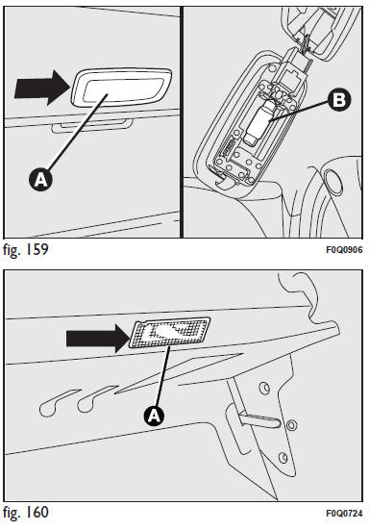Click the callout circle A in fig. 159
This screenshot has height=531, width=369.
[x=41, y=180]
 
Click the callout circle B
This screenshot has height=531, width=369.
[x=339, y=100]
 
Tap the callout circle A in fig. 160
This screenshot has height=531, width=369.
[x=154, y=416]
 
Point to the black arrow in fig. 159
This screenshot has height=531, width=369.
[x=42, y=88]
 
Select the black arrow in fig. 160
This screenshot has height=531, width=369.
[x=98, y=339]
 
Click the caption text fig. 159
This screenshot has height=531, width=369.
[x=26, y=249]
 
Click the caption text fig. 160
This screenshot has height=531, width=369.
[x=26, y=512]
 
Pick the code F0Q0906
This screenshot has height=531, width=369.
[x=344, y=250]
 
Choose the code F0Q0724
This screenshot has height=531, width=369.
[x=344, y=513]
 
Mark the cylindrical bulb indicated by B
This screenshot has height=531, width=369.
[x=259, y=122]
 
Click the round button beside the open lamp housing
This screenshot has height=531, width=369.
[x=333, y=181]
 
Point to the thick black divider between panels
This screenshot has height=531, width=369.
[x=182, y=122]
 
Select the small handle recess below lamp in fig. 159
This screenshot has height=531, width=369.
[x=92, y=126]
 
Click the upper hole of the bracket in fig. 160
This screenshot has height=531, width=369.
[x=264, y=388]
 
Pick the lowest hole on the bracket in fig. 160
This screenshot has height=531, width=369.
[x=283, y=458]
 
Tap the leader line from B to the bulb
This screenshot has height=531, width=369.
[x=298, y=111]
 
